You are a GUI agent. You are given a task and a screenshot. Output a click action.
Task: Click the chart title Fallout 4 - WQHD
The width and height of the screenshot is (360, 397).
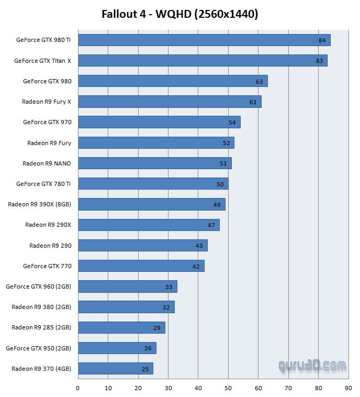(179, 14)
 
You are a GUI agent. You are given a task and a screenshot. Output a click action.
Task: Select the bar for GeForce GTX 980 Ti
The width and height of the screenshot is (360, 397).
(204, 40)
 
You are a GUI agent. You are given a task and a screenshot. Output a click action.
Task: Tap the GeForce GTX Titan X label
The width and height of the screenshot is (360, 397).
(43, 61)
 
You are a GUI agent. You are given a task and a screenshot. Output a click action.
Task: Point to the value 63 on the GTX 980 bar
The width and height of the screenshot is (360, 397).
(259, 82)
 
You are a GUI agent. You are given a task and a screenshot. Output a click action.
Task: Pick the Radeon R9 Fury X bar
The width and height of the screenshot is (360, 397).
(170, 102)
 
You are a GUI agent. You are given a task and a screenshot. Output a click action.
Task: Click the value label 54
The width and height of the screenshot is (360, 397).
(232, 123)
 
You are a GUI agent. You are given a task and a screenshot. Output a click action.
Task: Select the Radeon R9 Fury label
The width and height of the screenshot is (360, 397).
(49, 142)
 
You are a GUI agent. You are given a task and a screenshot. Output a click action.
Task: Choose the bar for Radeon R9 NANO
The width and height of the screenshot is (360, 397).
(154, 163)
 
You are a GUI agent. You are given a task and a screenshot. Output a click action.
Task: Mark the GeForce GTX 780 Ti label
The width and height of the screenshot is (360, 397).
(44, 184)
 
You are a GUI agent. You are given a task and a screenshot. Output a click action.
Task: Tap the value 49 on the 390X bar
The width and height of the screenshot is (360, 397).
(217, 205)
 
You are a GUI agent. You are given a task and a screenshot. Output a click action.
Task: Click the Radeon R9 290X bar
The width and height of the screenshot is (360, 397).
(149, 225)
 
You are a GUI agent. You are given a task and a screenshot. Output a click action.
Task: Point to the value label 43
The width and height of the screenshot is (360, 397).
(199, 246)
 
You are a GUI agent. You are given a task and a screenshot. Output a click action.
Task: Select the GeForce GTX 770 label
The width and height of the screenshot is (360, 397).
(47, 266)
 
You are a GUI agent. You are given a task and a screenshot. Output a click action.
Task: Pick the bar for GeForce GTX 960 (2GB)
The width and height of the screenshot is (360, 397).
(127, 286)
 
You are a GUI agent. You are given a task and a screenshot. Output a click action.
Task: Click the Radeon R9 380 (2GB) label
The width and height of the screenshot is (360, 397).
(41, 307)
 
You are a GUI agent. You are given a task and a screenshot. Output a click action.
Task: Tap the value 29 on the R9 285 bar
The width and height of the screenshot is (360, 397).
(156, 328)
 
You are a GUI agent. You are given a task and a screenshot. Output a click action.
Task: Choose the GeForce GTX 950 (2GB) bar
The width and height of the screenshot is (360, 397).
(117, 348)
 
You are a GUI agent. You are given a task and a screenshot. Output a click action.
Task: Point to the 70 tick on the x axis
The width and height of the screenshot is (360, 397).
(288, 389)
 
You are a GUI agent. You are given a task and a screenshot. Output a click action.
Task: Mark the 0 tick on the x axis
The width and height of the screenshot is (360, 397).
(77, 389)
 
